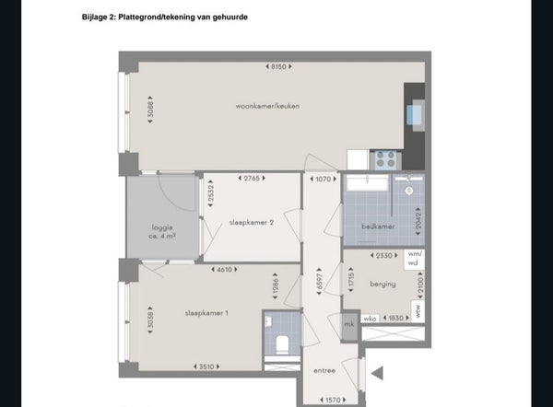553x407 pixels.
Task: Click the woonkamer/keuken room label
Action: coord(267,106)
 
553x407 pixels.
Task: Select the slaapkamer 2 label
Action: coord(250,222)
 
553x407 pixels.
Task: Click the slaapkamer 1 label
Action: coord(206,313)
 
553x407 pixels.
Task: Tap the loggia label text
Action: coord(163,231)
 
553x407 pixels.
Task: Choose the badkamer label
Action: coord(379,226)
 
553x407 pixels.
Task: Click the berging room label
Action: coord(382,285)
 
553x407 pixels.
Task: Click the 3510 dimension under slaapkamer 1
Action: coord(206,366)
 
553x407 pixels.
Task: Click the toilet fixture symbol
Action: coord(282,343)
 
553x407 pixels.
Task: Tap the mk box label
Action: coord(349,324)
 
